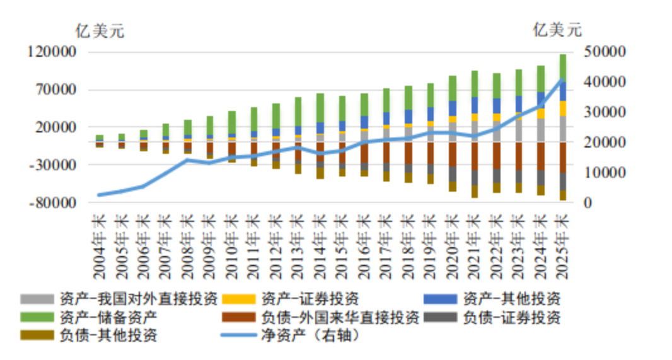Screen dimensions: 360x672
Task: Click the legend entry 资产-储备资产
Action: click(x=107, y=316)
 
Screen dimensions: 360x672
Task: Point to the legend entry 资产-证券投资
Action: click(x=310, y=298)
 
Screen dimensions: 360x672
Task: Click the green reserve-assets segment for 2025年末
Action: click(x=562, y=68)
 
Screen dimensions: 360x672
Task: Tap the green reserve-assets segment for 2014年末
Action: click(x=320, y=108)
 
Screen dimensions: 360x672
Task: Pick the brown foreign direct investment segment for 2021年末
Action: click(x=475, y=156)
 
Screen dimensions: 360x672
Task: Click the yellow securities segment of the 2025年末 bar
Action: click(x=562, y=108)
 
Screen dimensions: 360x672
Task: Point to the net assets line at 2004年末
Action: click(x=100, y=195)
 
